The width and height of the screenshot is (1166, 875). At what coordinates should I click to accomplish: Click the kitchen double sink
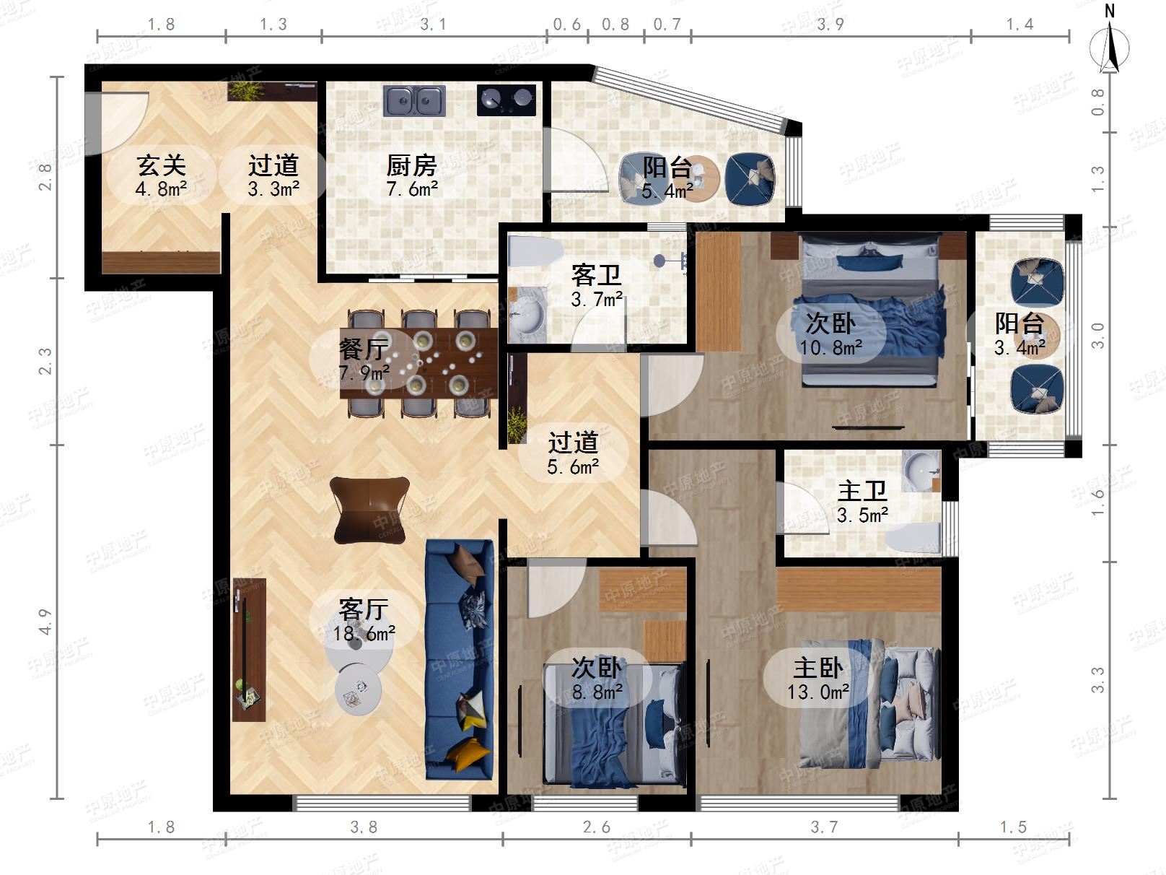pos(414,101)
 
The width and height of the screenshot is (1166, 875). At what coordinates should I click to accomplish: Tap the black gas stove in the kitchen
pos(507,100)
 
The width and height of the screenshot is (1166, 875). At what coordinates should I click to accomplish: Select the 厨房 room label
pos(411,166)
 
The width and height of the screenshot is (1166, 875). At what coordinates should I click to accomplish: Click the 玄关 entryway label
pos(162,165)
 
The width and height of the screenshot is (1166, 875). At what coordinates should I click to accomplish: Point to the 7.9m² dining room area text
pos(364,372)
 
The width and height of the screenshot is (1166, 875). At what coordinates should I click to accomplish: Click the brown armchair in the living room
pos(369,510)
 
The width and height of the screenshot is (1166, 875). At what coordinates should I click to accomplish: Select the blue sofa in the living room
pos(460,659)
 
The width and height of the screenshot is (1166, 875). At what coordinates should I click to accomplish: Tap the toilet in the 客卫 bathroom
pos(535,251)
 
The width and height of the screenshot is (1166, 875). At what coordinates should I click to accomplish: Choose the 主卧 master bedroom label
pos(818,668)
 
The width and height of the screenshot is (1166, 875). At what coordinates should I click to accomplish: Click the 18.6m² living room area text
pos(364,633)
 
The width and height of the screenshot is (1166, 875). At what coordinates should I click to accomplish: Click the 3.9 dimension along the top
pos(830,25)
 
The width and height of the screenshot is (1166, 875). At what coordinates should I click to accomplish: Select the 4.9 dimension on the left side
pos(45,622)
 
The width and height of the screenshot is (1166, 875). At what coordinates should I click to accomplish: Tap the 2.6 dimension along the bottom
pos(596,827)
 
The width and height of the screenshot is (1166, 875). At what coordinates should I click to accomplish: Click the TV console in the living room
pos(249,649)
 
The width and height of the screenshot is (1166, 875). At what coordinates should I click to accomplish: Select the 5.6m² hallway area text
pos(573,467)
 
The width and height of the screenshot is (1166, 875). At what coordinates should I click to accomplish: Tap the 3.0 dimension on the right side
pos(1097,336)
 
